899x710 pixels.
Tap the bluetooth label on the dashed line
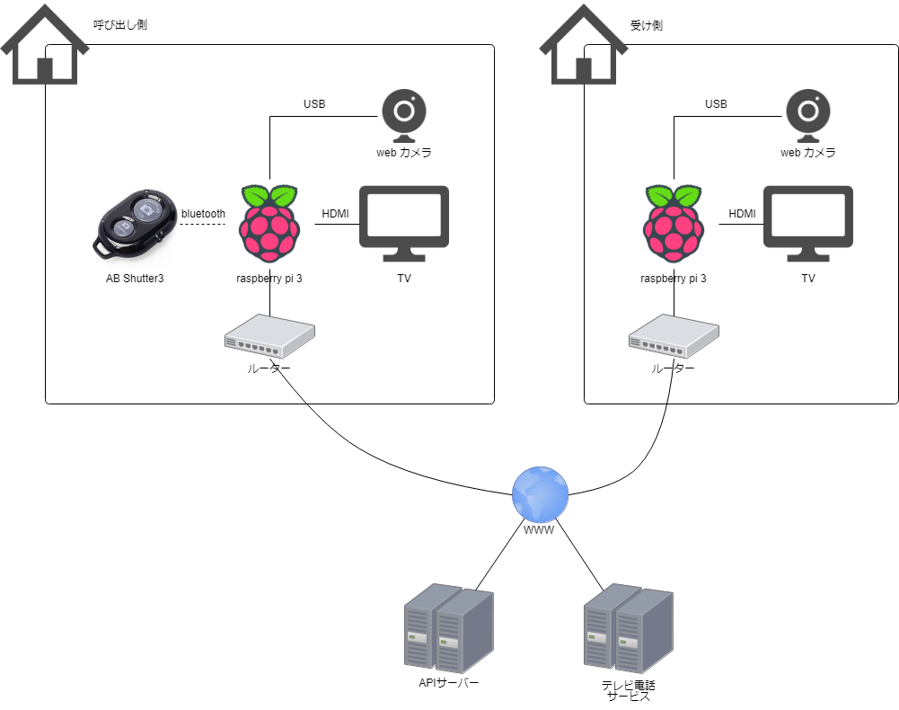203,213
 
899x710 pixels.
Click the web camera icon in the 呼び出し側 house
404,116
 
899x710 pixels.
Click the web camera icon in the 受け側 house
808,116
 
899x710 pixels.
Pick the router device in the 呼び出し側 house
269,337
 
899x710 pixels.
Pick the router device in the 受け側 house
674,337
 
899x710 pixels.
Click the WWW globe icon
540,494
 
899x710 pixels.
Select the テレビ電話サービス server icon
628,628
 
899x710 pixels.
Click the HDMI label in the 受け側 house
742,214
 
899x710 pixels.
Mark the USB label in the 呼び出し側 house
314,104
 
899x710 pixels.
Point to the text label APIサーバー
449,683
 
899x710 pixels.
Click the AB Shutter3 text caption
135,279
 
